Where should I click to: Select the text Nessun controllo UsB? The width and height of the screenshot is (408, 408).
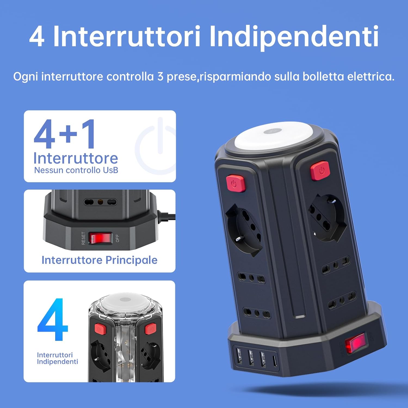(x=76, y=170)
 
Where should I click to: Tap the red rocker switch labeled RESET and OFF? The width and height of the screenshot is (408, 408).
(x=100, y=238)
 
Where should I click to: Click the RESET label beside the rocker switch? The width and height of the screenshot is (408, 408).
(x=84, y=238)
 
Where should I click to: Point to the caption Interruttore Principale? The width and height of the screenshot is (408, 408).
(x=99, y=260)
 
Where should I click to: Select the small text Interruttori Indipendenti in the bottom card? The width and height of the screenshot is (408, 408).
(x=57, y=358)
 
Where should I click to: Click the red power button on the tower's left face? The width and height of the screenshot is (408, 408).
(x=236, y=184)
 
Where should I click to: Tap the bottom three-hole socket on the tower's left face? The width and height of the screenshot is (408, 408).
(x=257, y=313)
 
